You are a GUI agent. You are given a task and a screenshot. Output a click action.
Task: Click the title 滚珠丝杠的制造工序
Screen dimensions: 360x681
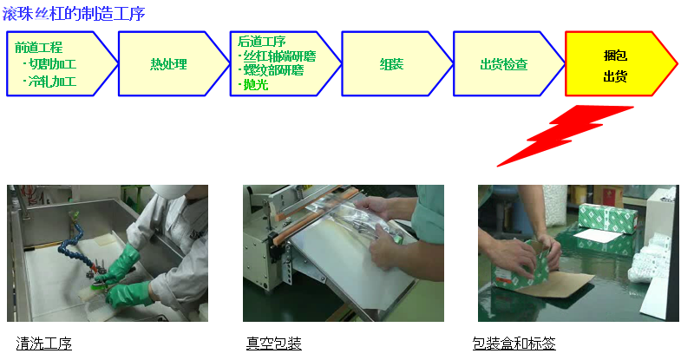(74, 13)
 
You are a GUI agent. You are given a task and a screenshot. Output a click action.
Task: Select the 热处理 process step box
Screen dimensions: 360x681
(168, 64)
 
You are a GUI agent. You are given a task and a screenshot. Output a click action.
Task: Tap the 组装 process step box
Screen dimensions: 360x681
(392, 64)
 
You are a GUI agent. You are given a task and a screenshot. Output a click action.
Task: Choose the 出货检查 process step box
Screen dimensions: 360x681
(504, 64)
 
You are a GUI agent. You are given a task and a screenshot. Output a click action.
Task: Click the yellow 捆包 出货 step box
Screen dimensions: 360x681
(615, 64)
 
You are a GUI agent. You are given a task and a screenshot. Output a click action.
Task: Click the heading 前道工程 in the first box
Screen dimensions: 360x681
(38, 47)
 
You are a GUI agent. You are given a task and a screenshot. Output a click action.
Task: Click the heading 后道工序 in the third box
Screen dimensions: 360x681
(261, 41)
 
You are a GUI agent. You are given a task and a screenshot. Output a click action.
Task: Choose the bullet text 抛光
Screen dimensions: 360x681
(255, 84)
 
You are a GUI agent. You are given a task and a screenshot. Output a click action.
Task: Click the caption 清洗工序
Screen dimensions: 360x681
(44, 344)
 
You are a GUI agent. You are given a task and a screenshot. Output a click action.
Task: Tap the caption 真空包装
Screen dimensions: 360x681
(273, 344)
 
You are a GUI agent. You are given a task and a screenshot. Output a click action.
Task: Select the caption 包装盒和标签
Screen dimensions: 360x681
(514, 344)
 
